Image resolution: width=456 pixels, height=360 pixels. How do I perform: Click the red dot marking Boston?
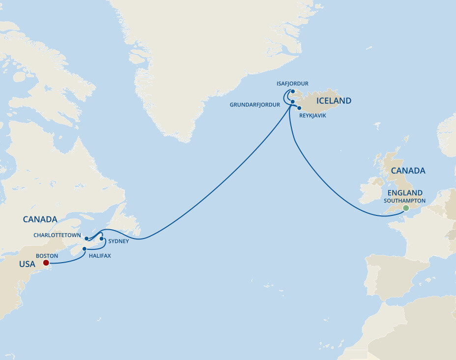pyautogui.click(x=46, y=263)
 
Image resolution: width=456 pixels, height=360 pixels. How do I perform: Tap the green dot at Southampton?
pyautogui.click(x=405, y=208)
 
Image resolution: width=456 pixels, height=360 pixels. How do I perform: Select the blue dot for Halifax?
pyautogui.click(x=85, y=249)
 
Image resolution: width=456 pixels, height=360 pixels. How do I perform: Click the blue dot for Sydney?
pyautogui.click(x=102, y=239)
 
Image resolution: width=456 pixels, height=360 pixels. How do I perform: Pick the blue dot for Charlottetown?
pyautogui.click(x=86, y=239)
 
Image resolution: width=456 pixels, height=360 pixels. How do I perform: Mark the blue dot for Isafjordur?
pyautogui.click(x=292, y=91)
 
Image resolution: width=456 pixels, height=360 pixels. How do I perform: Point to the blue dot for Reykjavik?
pyautogui.click(x=299, y=108)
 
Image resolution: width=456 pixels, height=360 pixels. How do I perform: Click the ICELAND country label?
pyautogui.click(x=334, y=101)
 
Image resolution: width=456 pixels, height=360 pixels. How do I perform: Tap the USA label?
pyautogui.click(x=27, y=264)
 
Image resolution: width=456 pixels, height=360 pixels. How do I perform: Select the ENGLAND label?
pyautogui.click(x=405, y=193)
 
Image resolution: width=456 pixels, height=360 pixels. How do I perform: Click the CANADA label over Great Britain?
pyautogui.click(x=407, y=171)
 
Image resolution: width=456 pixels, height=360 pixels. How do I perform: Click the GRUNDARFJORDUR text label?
pyautogui.click(x=255, y=105)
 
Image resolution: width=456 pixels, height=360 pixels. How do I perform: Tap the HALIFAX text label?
pyautogui.click(x=100, y=256)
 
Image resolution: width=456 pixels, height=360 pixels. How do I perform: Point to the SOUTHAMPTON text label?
pyautogui.click(x=405, y=201)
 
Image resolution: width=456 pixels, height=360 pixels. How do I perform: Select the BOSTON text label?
pyautogui.click(x=47, y=256)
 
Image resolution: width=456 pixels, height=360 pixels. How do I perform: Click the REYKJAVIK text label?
pyautogui.click(x=312, y=115)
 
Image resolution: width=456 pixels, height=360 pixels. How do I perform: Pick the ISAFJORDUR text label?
pyautogui.click(x=292, y=84)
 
